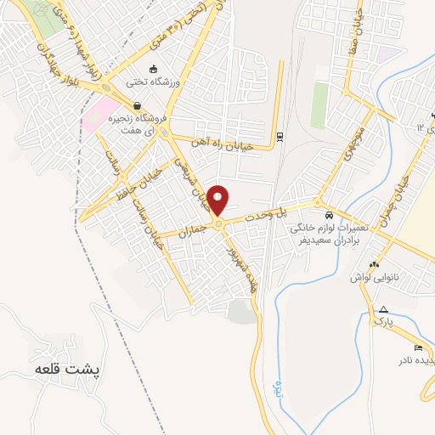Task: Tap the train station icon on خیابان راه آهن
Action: [x=280, y=136]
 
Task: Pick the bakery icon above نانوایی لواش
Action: [x=375, y=263]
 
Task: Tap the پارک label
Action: [x=384, y=322]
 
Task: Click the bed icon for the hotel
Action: [x=417, y=347]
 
